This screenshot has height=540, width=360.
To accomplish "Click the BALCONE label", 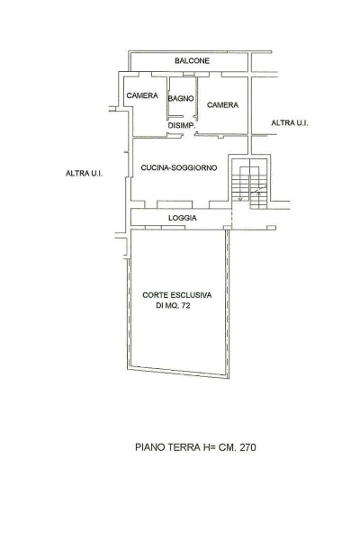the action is point(192,61).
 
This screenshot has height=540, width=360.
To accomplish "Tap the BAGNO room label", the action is point(181,98).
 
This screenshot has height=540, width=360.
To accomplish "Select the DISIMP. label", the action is point(182,126).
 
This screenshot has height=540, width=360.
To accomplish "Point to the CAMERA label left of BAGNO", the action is point(142,95).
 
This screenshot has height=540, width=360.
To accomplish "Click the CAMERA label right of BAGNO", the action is point(222,104).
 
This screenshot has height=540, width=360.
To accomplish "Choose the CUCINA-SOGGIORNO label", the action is point(179,167).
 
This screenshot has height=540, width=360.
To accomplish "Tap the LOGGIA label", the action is point(182,218).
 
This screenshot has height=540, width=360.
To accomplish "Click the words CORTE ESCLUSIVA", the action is point(177,295).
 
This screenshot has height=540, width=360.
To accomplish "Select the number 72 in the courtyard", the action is point(185,305).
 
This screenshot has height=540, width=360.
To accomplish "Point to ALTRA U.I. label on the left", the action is point(84,173).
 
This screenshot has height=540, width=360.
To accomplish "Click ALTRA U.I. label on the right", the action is point(290,123).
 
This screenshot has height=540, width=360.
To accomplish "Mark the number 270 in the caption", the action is point(248,447).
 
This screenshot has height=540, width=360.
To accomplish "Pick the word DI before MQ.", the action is point(159,305).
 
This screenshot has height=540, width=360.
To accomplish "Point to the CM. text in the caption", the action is point(228,447).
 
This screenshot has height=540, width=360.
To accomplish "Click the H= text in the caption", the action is point(208,447).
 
